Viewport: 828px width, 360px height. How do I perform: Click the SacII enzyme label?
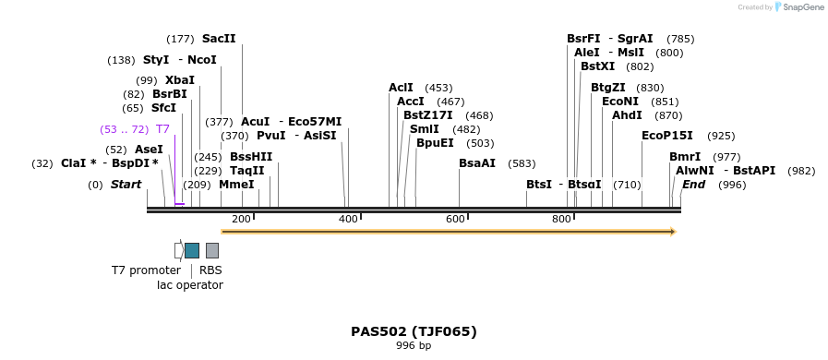(219, 39)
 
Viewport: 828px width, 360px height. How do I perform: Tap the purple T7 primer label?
(162, 129)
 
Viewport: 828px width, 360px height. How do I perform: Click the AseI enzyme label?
(149, 150)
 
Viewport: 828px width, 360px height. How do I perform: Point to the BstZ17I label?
(428, 115)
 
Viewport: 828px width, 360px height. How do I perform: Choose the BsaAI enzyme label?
(477, 163)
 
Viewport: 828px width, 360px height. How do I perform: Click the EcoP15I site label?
(667, 136)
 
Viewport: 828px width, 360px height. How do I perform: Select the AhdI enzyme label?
(627, 115)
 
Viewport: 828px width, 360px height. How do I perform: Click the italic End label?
(693, 185)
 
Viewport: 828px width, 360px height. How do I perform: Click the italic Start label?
(126, 185)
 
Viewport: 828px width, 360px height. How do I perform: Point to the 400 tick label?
(348, 219)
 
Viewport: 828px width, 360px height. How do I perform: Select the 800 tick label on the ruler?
(561, 219)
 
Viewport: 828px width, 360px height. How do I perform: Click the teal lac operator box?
(192, 250)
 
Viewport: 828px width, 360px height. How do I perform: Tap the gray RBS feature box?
(212, 250)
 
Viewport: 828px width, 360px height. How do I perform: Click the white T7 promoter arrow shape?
(178, 250)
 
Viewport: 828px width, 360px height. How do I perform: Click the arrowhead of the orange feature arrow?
(673, 231)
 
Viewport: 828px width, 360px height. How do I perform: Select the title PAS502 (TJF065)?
(414, 331)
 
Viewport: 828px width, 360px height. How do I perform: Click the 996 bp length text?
(414, 346)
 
